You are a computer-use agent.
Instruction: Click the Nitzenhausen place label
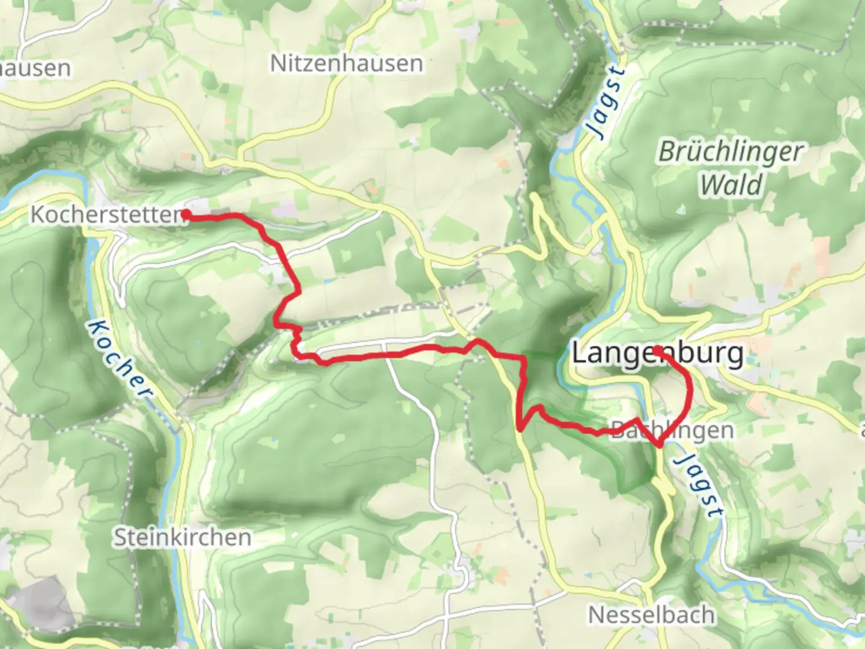coord(346,63)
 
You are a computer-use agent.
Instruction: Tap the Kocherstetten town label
coord(107,215)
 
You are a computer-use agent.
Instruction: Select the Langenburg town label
coord(657,353)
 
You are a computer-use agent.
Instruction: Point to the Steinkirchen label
coord(182,537)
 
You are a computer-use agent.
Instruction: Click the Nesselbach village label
coord(652,615)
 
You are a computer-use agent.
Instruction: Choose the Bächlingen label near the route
coord(672,430)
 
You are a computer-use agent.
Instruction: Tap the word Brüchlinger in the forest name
coord(730,151)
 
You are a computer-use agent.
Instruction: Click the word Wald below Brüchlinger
coord(731,184)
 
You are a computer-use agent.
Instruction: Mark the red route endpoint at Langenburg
coord(658,349)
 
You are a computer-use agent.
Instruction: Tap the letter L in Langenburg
coord(578,353)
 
